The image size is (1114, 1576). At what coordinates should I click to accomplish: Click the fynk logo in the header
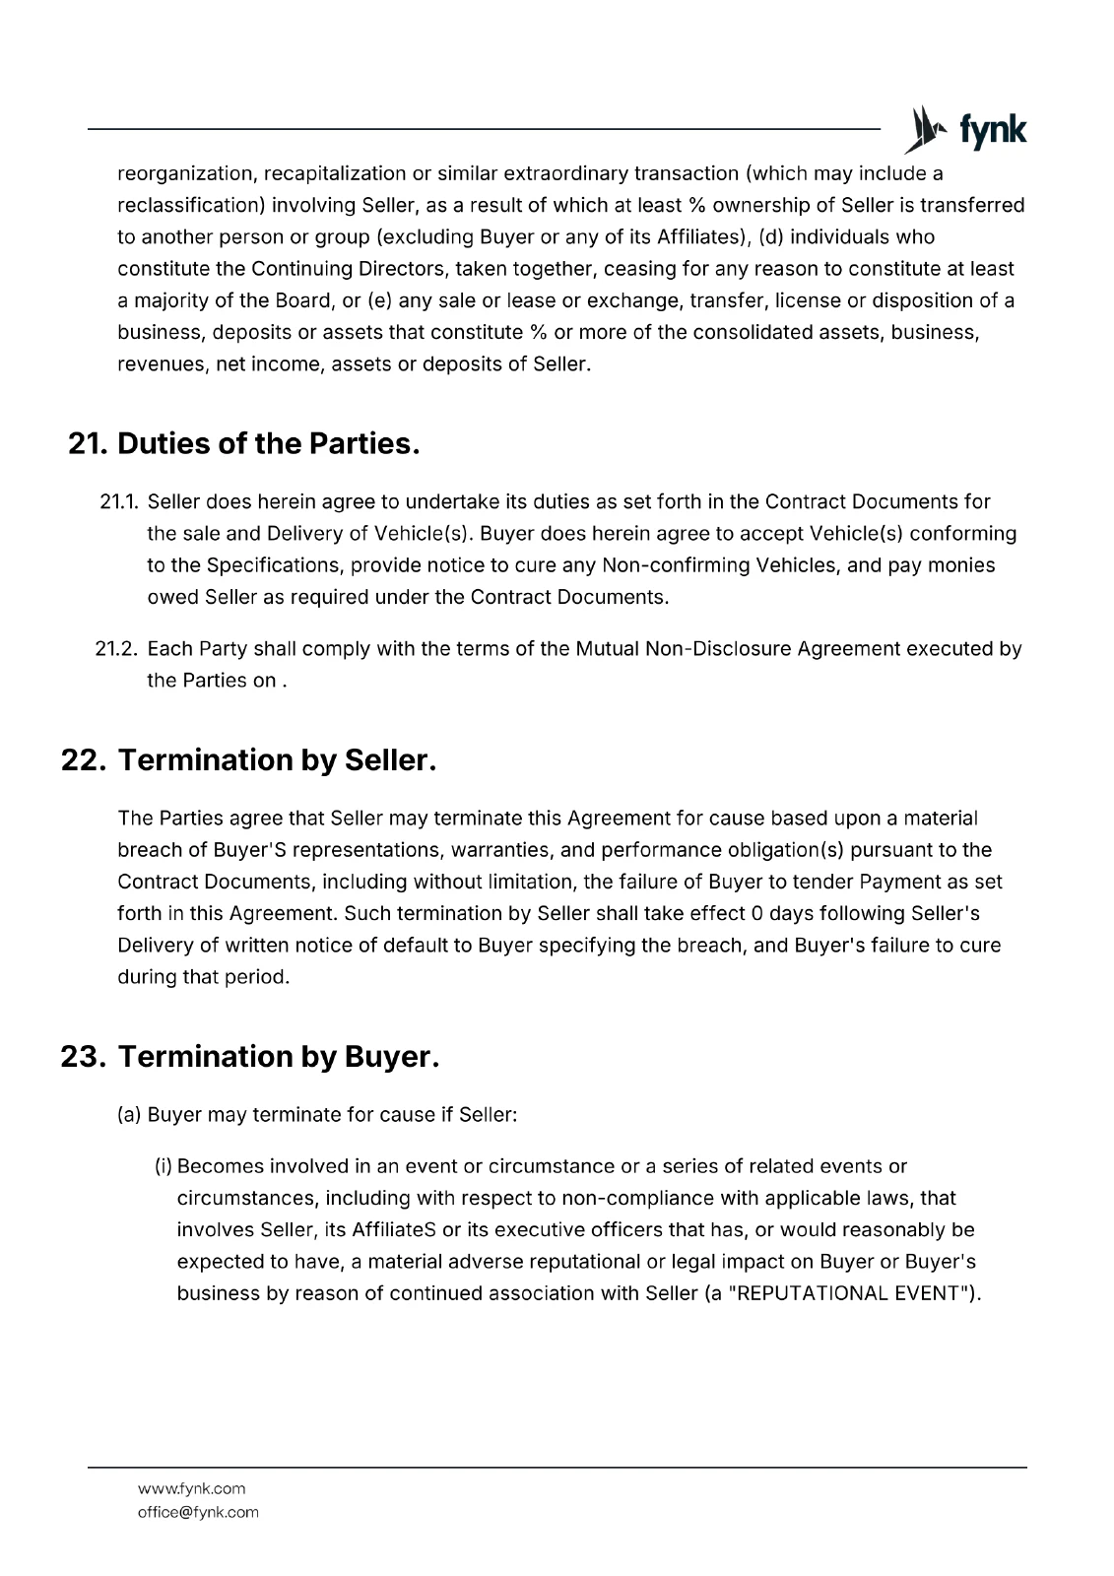coord(965,130)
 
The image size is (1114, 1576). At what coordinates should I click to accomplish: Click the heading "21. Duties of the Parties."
coord(244,444)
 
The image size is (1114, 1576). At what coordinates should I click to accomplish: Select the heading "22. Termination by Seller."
coord(248,760)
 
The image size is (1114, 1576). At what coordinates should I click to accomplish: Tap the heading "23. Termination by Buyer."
coord(249,1057)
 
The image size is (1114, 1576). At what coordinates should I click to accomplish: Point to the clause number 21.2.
coord(118,649)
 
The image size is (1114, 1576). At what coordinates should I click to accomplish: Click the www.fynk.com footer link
coord(191,1488)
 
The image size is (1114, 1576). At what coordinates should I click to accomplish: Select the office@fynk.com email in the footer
coord(198,1512)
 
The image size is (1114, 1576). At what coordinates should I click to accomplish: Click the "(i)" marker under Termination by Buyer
coord(164,1167)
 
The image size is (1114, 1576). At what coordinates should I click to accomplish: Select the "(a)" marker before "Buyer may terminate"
coord(130,1115)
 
